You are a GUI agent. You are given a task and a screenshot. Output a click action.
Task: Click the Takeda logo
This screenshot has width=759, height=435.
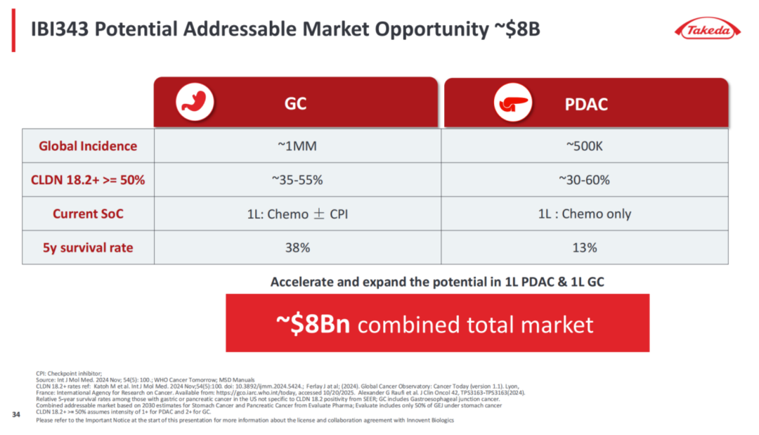pyautogui.click(x=708, y=30)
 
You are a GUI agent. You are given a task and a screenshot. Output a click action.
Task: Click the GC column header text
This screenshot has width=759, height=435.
pyautogui.click(x=295, y=105)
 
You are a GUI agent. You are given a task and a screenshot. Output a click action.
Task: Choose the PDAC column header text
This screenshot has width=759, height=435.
pyautogui.click(x=586, y=105)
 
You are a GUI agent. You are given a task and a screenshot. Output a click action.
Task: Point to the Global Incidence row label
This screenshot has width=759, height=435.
pyautogui.click(x=88, y=146)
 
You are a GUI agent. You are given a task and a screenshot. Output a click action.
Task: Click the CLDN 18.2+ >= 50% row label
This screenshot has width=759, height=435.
pyautogui.click(x=88, y=180)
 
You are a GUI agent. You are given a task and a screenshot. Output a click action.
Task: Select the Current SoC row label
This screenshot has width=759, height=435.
pyautogui.click(x=88, y=214)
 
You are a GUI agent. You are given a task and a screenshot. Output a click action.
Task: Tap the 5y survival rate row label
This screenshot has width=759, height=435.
pyautogui.click(x=88, y=247)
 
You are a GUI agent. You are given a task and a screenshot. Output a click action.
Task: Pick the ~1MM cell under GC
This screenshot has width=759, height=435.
pyautogui.click(x=297, y=146)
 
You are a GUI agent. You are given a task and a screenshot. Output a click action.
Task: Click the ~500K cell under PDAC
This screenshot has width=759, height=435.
pyautogui.click(x=584, y=146)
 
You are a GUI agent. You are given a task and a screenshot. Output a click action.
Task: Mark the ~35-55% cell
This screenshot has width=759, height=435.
pyautogui.click(x=297, y=180)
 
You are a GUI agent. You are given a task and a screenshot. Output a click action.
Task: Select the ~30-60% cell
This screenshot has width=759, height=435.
pyautogui.click(x=584, y=180)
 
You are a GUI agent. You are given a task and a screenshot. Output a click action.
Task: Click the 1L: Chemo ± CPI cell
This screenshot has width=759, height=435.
pyautogui.click(x=297, y=214)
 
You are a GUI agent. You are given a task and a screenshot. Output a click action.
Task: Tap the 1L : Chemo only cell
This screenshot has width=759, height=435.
pyautogui.click(x=584, y=214)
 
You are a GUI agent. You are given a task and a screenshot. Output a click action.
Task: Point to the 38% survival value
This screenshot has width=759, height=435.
pyautogui.click(x=297, y=247)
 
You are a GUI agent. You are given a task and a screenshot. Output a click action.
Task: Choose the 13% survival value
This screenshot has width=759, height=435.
pyautogui.click(x=584, y=247)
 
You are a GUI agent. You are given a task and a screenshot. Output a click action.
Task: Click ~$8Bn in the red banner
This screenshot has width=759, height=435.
pyautogui.click(x=316, y=324)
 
